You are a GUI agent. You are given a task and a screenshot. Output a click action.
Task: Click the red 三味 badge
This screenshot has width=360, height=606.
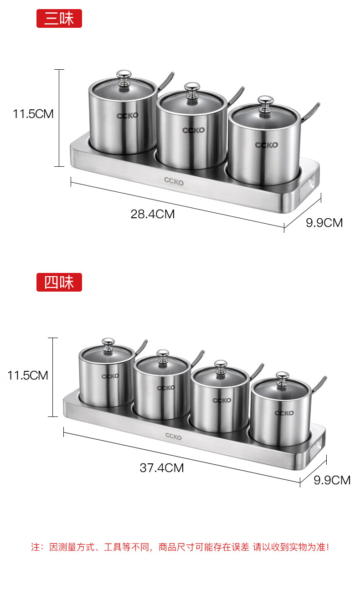[59, 18]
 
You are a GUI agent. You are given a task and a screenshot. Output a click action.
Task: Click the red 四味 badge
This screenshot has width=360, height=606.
[59, 282]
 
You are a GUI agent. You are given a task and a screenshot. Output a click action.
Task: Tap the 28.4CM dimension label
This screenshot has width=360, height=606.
[153, 214]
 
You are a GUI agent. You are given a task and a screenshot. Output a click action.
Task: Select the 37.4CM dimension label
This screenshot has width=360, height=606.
[162, 468]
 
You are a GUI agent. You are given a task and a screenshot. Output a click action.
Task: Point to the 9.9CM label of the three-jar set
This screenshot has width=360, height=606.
[324, 223]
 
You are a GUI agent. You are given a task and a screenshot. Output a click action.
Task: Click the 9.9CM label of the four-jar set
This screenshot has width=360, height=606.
[332, 480]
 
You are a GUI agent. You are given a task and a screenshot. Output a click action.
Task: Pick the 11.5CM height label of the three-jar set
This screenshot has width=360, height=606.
[33, 114]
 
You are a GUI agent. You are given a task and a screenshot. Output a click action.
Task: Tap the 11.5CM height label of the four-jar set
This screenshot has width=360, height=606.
[28, 375]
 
